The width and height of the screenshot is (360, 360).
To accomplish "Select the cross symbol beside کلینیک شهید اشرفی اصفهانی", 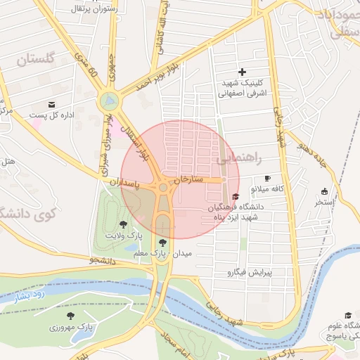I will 243,72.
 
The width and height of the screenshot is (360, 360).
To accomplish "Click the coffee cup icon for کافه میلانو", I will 267,179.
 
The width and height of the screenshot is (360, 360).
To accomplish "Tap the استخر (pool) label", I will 324,202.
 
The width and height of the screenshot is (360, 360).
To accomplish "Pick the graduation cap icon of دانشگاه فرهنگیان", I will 236,196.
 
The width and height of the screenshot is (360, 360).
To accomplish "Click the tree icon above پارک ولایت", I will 124,224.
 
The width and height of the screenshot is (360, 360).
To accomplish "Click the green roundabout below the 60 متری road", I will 109,101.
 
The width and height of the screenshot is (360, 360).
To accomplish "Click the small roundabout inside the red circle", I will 164,188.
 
